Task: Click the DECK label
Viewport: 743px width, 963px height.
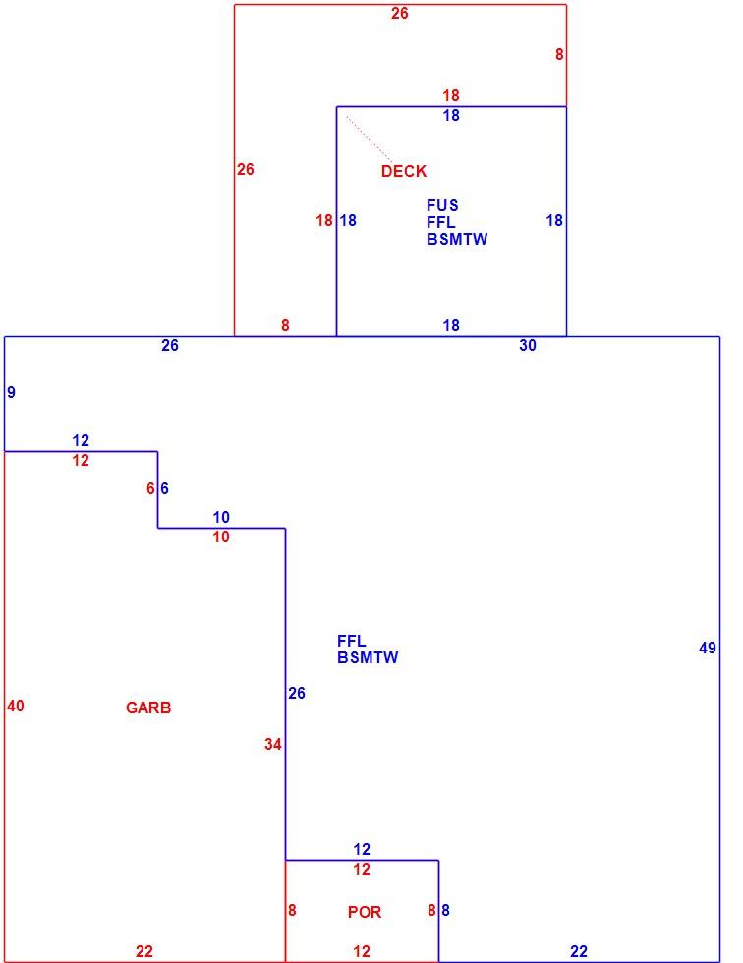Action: [x=403, y=171]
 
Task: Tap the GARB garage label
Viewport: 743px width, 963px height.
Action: [x=148, y=708]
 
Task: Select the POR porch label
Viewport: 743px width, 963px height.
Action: [x=365, y=912]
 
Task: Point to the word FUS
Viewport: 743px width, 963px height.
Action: [x=442, y=205]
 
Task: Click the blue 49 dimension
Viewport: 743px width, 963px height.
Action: [x=708, y=648]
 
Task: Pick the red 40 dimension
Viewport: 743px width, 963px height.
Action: [x=16, y=707]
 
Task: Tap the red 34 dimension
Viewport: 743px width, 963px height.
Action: [x=273, y=745]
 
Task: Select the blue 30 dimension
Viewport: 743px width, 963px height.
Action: [x=528, y=346]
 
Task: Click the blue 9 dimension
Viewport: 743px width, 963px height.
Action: [x=11, y=392]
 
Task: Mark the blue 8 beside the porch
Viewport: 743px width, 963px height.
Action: [x=445, y=910]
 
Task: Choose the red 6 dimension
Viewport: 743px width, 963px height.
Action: [x=150, y=489]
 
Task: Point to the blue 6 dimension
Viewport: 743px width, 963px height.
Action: [x=164, y=489]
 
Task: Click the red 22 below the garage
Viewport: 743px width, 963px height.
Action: [x=144, y=952]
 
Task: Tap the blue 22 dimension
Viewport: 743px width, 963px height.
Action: [x=579, y=952]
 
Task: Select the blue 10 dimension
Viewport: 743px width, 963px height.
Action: [x=221, y=517]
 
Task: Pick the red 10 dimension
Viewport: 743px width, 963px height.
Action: [x=221, y=538]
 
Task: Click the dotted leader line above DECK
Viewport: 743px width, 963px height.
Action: [x=370, y=140]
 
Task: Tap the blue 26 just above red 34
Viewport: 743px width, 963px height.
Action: [x=297, y=694]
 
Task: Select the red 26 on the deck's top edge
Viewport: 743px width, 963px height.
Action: [x=400, y=14]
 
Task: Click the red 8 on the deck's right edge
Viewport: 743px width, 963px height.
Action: [x=559, y=55]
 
